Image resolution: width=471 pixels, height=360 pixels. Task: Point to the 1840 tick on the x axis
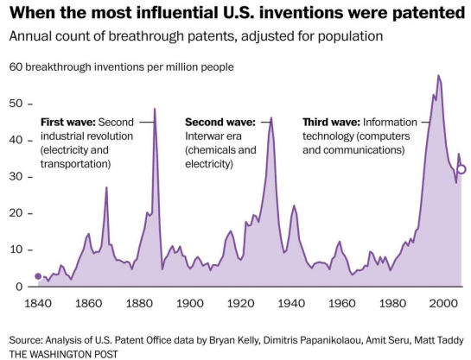pos(37,304)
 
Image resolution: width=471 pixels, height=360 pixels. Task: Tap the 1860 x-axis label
pos(87,304)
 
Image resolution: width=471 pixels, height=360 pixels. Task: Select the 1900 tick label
pos(188,304)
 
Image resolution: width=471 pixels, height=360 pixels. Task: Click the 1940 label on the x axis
pos(290,304)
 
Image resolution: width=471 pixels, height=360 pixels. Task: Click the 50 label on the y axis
pos(16,104)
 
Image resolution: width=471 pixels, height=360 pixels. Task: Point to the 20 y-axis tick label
pos(16,213)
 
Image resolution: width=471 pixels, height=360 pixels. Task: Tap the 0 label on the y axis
pos(19,287)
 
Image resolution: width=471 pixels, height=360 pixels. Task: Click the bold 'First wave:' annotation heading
pos(68,122)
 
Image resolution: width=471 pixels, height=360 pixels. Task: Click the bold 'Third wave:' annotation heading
pos(331,122)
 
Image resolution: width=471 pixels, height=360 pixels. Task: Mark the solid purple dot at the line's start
pos(37,276)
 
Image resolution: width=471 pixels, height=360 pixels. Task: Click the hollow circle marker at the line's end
pos(461,169)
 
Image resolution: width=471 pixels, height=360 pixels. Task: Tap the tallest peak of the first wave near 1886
pos(155,109)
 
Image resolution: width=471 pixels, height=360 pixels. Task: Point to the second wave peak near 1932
pos(271,117)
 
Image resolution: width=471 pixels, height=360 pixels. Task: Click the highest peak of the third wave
pos(438,76)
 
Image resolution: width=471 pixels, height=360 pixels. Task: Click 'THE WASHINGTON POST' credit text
pos(63,353)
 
